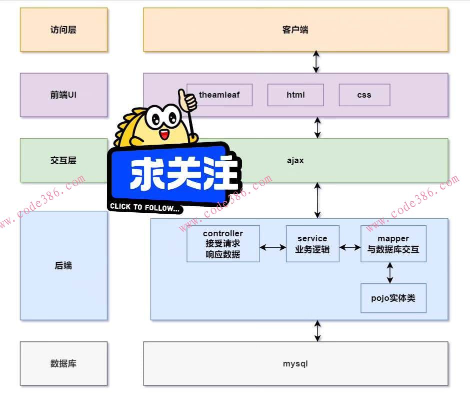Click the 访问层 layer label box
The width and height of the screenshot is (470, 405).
[63, 30]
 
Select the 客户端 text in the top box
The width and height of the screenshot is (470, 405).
[295, 30]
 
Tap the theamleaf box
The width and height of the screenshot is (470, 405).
[219, 95]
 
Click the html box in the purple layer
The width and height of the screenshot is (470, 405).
[295, 95]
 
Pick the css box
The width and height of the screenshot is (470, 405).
[364, 95]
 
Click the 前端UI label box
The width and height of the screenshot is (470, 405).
[63, 95]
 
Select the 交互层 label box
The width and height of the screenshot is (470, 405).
[63, 160]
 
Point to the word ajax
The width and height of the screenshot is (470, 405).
[295, 160]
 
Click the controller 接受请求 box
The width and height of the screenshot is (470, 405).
[223, 244]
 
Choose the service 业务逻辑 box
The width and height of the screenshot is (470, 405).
[312, 244]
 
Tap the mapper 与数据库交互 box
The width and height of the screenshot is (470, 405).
[393, 244]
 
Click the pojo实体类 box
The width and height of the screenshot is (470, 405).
[393, 298]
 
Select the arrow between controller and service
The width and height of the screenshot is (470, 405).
[273, 247]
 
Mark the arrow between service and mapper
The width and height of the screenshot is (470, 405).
[350, 247]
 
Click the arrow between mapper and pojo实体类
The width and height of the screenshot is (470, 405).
[390, 273]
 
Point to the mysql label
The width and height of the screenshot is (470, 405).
[295, 363]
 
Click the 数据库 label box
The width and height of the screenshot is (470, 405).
[63, 363]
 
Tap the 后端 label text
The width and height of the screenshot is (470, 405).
[63, 265]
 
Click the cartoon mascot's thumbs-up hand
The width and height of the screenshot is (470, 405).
[188, 100]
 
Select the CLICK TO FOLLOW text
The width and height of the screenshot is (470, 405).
[145, 207]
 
